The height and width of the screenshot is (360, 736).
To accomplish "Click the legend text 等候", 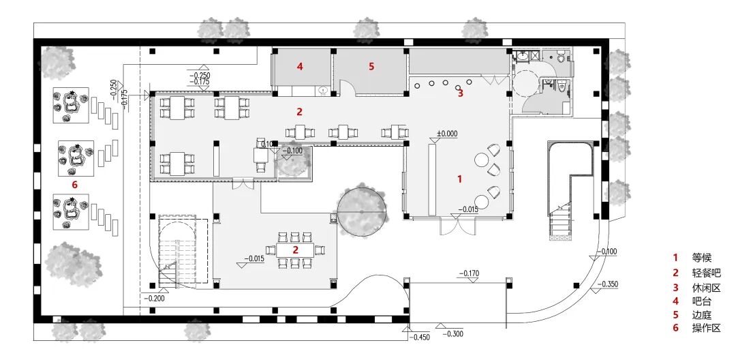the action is (702, 257).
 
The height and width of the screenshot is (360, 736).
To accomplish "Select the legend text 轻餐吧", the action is (706, 273).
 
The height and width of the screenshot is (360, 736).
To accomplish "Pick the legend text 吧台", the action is (702, 301).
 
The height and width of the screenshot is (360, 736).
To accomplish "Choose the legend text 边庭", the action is (702, 315).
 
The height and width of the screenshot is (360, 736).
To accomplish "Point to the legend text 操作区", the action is (706, 328).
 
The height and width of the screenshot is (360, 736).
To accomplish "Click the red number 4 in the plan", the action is (299, 67).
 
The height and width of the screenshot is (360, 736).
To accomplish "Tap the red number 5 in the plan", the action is (371, 67).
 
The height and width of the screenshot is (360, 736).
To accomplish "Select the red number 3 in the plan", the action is (461, 93).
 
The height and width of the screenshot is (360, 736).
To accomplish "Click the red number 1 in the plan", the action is (460, 179).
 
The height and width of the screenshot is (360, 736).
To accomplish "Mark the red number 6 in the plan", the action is (74, 185).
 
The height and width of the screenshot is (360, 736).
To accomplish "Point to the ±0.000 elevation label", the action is (447, 134).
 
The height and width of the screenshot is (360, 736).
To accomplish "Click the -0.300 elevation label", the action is (453, 333).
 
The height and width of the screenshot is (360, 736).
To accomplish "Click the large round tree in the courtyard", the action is (362, 211).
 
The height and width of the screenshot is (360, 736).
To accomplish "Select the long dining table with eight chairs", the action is (295, 250).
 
